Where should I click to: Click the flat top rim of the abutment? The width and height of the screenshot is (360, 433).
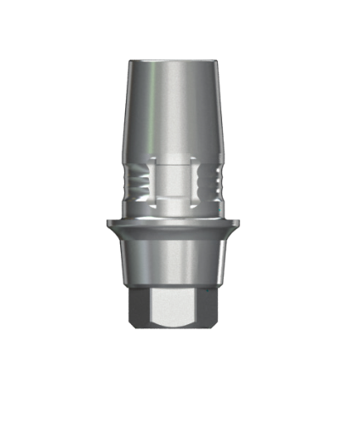pos(180,61)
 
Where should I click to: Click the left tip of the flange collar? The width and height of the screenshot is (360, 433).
pos(108,224)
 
